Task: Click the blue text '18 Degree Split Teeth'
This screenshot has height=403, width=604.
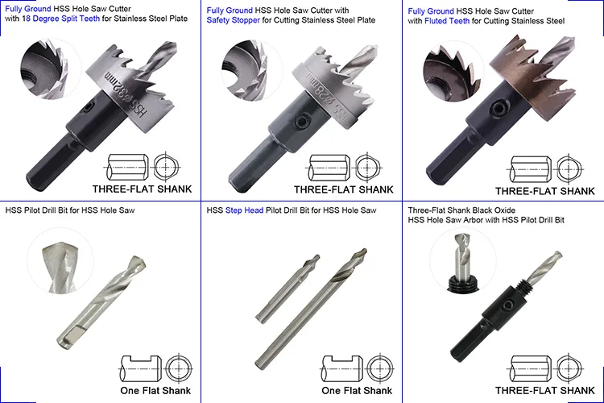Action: tap(61, 19)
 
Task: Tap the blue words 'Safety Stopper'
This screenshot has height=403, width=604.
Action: tap(233, 20)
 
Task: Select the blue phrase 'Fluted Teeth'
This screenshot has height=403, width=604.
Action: tap(447, 21)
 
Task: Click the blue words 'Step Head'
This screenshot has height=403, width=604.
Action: tap(244, 210)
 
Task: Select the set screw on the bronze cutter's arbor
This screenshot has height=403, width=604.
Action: tap(498, 108)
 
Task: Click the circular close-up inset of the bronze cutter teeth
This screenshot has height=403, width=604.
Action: tap(453, 72)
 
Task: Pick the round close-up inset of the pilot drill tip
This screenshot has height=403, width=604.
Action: tap(60, 261)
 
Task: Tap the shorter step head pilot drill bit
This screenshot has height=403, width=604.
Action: tap(288, 288)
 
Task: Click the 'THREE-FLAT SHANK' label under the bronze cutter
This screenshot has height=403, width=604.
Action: tap(544, 191)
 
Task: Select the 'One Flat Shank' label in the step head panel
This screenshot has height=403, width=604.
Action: tap(357, 391)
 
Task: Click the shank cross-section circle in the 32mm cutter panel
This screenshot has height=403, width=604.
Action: tap(166, 168)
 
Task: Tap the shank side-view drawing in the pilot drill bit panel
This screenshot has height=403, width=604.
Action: tap(140, 368)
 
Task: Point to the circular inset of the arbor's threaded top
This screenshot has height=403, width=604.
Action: tap(462, 261)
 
